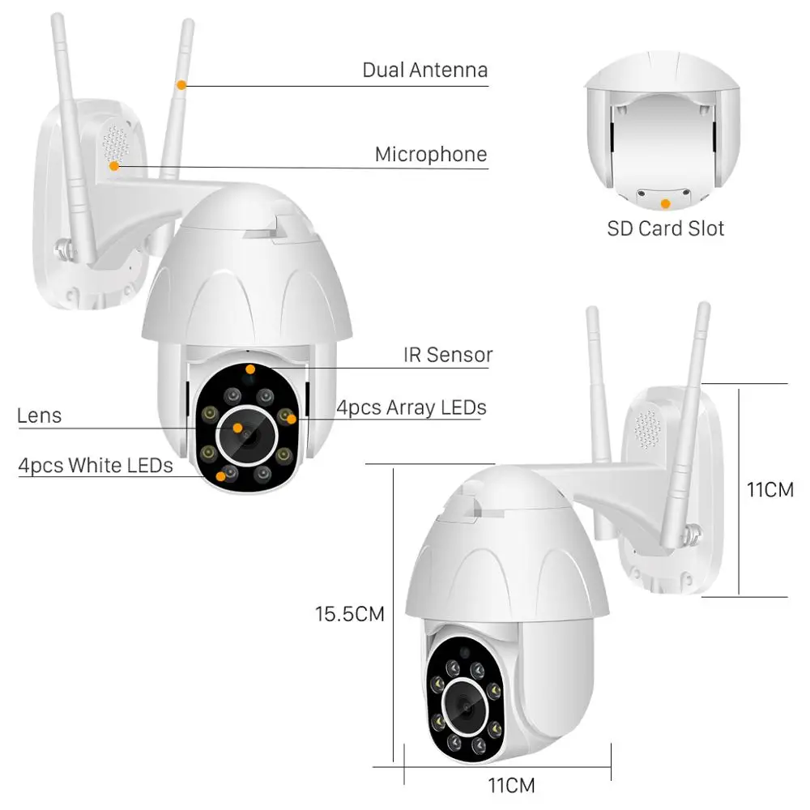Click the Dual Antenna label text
(424, 70)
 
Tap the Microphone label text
(431, 154)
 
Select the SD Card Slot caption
(665, 228)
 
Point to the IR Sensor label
(448, 354)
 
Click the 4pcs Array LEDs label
(411, 407)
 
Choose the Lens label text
(39, 416)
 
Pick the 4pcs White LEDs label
(96, 465)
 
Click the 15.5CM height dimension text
(349, 614)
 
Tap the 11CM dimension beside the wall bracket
(769, 489)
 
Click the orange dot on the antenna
(182, 83)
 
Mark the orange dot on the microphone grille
(115, 166)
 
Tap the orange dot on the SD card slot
(665, 202)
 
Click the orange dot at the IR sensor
(250, 369)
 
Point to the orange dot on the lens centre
(237, 427)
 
